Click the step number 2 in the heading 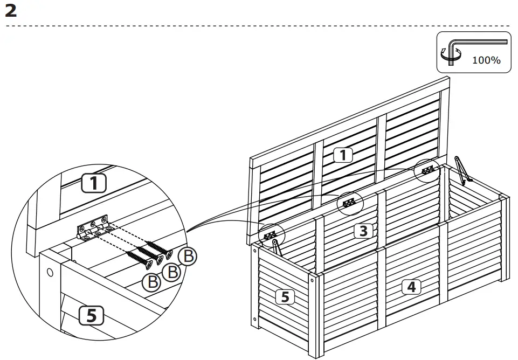point(11,10)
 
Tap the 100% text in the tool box point(486,60)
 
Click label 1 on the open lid point(343,156)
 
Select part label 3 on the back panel point(364,231)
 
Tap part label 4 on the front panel point(411,287)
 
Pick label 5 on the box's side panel point(285,296)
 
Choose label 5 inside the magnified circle point(92,315)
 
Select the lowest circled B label point(153,282)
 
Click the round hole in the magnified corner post point(50,272)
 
